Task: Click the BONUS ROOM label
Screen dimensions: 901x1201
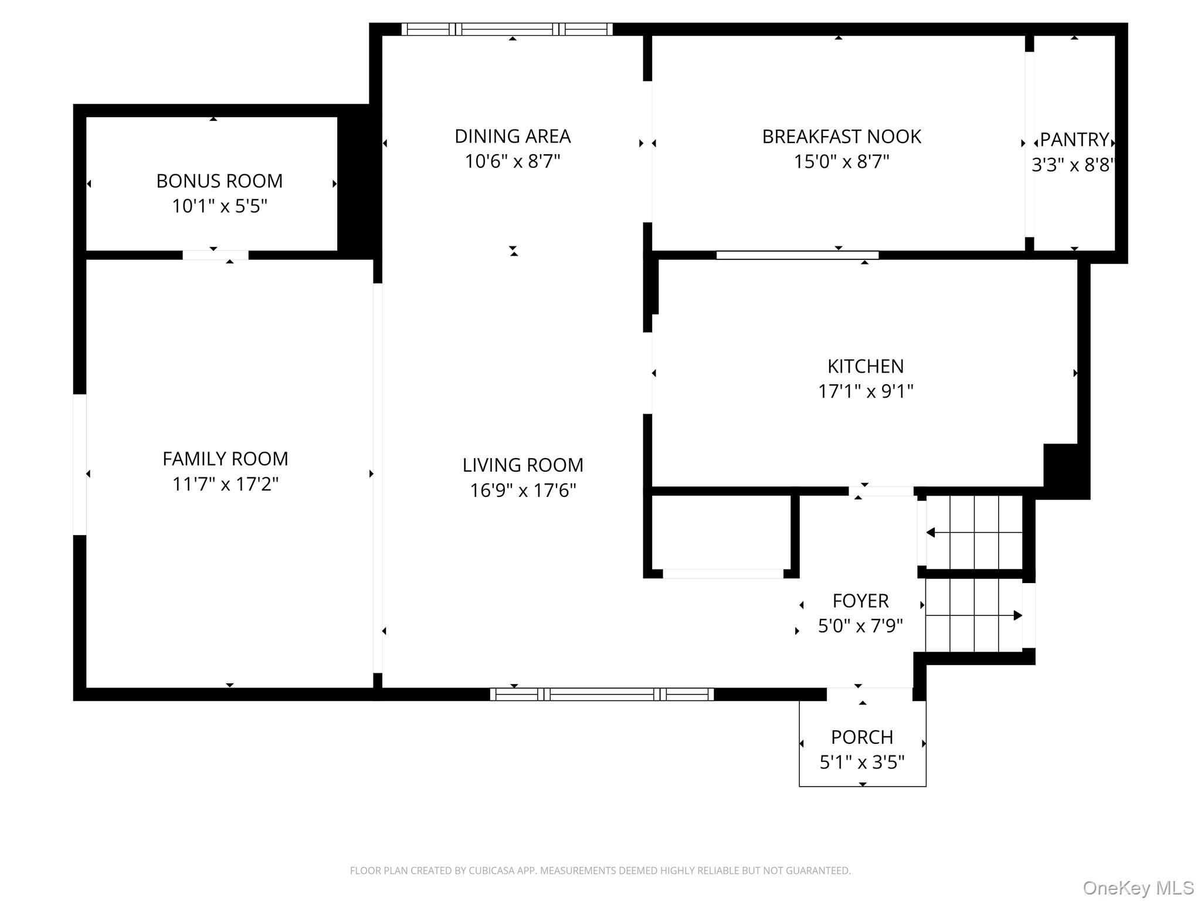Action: point(219,181)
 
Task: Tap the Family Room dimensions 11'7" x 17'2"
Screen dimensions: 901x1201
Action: point(225,484)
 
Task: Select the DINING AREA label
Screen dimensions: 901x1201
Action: point(513,136)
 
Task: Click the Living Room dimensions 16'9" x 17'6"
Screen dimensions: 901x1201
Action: point(523,490)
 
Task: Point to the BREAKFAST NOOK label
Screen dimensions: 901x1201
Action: point(841,137)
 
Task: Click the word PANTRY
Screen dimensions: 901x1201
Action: point(1074,140)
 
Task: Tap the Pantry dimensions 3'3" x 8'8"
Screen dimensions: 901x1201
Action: point(1073,165)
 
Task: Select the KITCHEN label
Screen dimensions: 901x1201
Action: point(866,366)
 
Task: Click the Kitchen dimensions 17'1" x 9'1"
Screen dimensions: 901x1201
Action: point(866,391)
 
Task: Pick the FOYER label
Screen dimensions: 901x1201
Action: point(860,601)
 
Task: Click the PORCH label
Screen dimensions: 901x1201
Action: point(862,737)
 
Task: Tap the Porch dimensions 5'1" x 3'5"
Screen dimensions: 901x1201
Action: point(862,762)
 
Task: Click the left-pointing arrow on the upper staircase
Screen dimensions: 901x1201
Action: point(931,533)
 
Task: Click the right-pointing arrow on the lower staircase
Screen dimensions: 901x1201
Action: point(1017,615)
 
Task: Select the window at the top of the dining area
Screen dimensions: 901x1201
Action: point(507,29)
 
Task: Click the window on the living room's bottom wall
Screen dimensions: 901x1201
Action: point(602,695)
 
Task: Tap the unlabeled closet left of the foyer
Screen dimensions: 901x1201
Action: point(721,533)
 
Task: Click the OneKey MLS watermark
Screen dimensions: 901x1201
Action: point(1138,888)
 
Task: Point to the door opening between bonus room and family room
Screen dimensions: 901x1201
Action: point(215,255)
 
